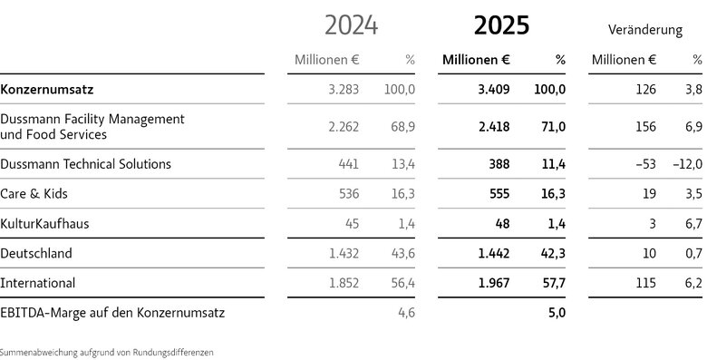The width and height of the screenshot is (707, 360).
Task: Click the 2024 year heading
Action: click(x=352, y=25)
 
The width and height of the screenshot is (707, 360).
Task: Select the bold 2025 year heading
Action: click(x=501, y=25)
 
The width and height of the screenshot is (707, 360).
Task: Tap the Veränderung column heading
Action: click(x=645, y=30)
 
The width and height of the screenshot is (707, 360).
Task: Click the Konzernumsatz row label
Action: click(x=47, y=90)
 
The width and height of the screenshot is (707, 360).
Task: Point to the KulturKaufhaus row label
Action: click(x=44, y=223)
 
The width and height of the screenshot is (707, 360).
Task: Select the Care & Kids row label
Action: click(x=34, y=193)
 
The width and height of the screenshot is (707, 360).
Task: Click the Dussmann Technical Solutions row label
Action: click(x=86, y=164)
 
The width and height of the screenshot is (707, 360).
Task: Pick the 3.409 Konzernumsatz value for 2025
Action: click(x=494, y=90)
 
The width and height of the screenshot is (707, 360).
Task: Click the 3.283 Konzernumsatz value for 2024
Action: click(x=344, y=90)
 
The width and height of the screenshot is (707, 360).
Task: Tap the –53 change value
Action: click(x=645, y=164)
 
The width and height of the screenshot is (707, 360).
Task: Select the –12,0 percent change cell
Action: click(x=688, y=164)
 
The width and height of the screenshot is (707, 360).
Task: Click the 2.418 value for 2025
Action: click(x=494, y=127)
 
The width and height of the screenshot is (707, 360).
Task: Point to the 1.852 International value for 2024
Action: click(x=344, y=283)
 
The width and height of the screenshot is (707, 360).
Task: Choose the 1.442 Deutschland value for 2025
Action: click(x=494, y=253)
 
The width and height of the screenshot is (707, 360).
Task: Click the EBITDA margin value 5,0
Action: click(x=557, y=313)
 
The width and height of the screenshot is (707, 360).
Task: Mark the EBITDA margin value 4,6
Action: click(x=407, y=313)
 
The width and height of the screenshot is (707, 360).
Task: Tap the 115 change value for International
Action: click(x=646, y=283)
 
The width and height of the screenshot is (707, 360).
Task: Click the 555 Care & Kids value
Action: click(x=499, y=193)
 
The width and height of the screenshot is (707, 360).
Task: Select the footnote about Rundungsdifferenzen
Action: click(x=106, y=353)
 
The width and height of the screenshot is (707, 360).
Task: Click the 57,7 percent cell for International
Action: click(x=553, y=283)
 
